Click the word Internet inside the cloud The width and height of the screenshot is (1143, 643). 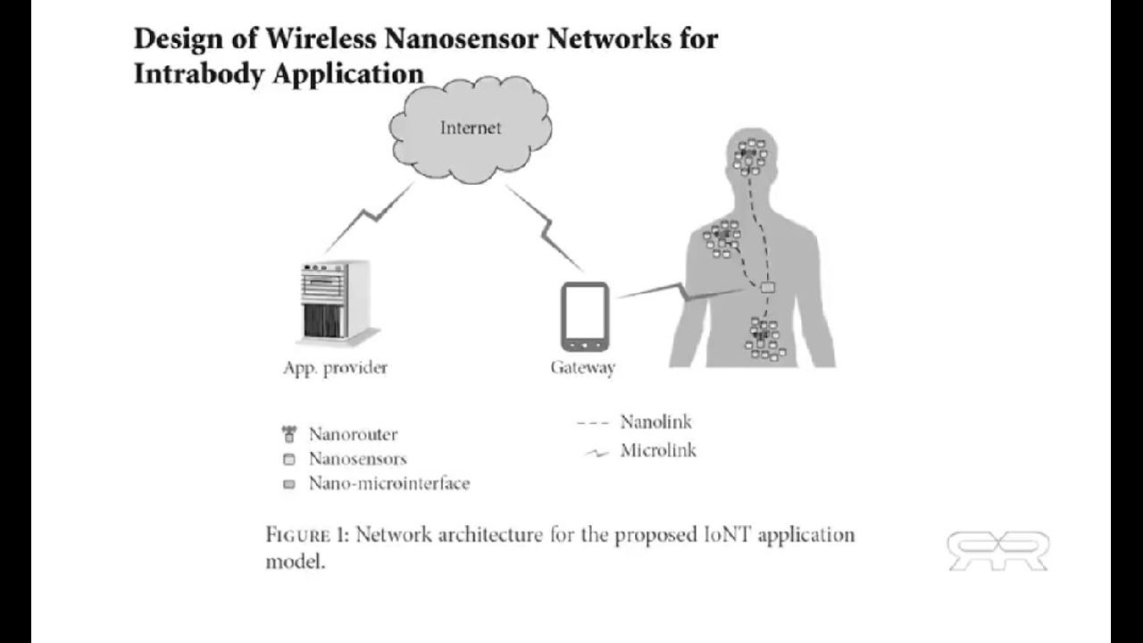(471, 128)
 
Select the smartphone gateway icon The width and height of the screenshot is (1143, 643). (585, 316)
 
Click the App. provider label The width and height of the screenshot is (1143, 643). (335, 368)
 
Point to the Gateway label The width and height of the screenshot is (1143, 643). (582, 368)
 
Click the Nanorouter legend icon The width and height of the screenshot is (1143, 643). (288, 435)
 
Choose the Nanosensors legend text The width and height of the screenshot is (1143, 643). (357, 459)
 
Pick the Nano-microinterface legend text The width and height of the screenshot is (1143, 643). (388, 484)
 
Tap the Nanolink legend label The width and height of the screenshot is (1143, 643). (655, 422)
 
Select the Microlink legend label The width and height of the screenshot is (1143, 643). (658, 450)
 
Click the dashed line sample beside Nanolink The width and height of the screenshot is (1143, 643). (593, 422)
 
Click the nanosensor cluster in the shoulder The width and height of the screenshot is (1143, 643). (722, 237)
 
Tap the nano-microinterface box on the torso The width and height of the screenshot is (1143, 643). (767, 288)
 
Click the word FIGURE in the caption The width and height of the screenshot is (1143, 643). (297, 535)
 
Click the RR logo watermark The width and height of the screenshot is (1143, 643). (997, 550)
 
